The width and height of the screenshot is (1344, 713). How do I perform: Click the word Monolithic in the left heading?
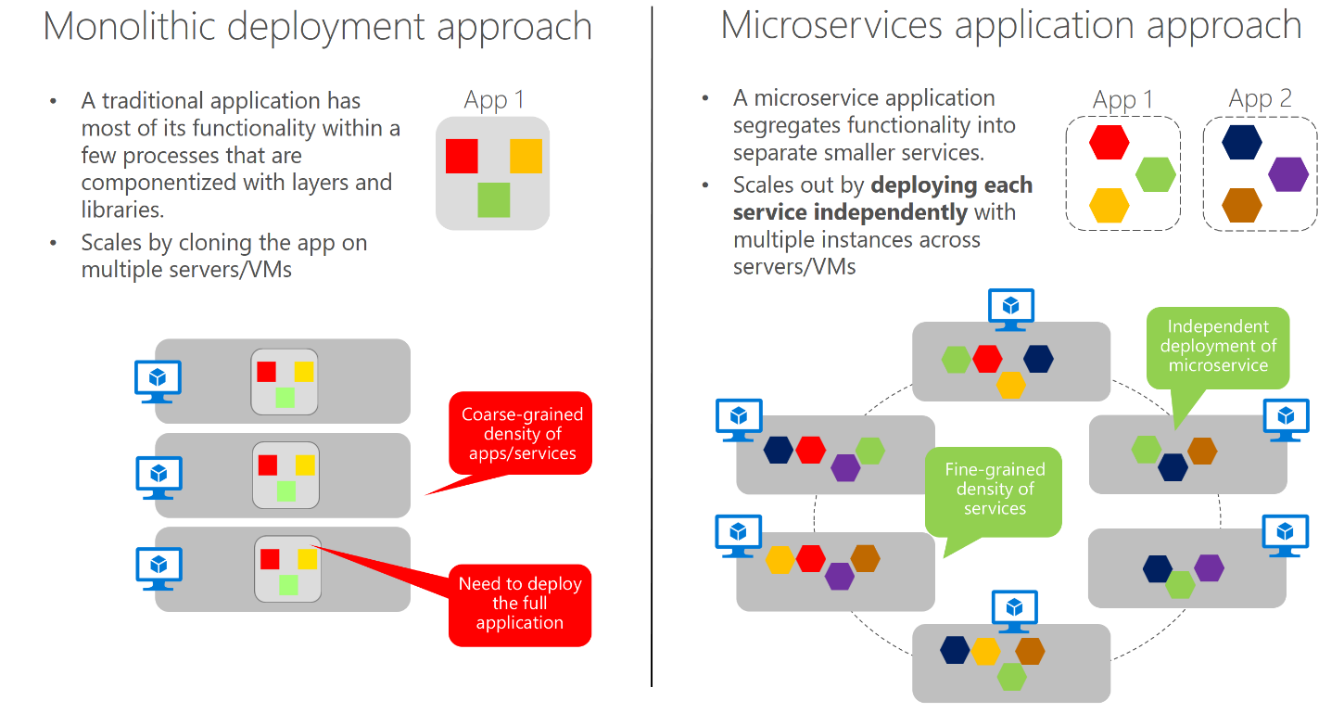coord(130,27)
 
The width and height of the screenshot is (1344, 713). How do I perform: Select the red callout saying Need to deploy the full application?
coord(519,604)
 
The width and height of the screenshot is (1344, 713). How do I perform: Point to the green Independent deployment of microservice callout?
coord(1217,346)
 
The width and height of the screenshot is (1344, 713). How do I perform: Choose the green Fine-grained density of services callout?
coord(995,489)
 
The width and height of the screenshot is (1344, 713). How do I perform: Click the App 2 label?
coord(1260,98)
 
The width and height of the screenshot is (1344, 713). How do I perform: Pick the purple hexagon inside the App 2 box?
coord(1287,174)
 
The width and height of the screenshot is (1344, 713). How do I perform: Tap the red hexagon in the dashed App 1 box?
coord(1109,142)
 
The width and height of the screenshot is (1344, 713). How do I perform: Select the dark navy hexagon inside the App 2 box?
coord(1241,142)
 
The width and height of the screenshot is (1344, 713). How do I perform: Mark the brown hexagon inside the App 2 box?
coord(1241,205)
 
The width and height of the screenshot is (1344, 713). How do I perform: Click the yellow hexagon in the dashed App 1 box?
coord(1109,205)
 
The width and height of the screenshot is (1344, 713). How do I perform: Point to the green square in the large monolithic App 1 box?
coord(493,200)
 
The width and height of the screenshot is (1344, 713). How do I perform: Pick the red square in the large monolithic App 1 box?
coord(462,156)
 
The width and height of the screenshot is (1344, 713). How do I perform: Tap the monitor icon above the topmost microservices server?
coord(1010,309)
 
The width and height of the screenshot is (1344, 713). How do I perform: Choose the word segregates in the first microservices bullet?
coord(781,125)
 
